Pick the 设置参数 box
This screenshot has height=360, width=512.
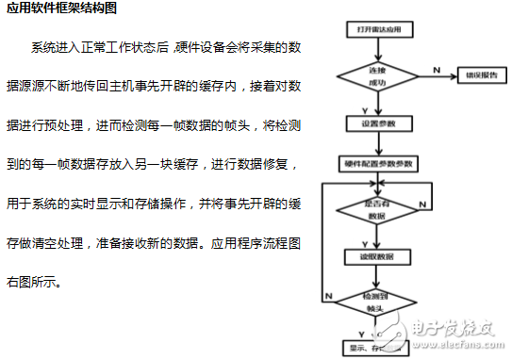(377, 123)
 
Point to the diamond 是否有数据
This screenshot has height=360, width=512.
(377, 208)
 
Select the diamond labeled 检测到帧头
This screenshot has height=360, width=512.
(377, 302)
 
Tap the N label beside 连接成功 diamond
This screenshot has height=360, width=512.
(435, 68)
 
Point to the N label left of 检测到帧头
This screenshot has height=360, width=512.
(327, 295)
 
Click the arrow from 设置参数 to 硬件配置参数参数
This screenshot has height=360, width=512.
(377, 143)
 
